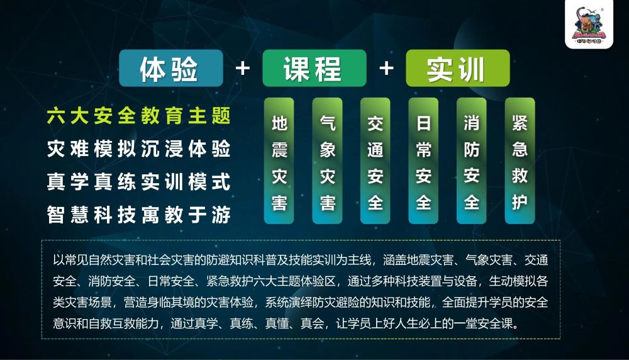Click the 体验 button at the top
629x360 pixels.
click(170, 68)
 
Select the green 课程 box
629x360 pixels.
click(314, 68)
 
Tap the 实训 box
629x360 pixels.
click(457, 68)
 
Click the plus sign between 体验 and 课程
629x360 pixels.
click(242, 68)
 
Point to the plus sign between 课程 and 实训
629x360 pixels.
click(386, 68)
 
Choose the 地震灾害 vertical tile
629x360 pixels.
click(279, 161)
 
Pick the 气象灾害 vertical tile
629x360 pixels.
click(328, 161)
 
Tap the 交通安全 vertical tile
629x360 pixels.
click(376, 161)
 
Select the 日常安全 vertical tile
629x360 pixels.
click(423, 161)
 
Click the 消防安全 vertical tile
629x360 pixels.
click(472, 161)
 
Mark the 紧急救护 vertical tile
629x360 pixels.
click(520, 161)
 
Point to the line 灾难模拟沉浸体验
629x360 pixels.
click(138, 149)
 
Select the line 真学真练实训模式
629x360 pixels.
click(138, 182)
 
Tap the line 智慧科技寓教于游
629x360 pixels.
click(138, 215)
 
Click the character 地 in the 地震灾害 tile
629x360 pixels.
click(279, 123)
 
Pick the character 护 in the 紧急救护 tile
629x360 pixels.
click(520, 202)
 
